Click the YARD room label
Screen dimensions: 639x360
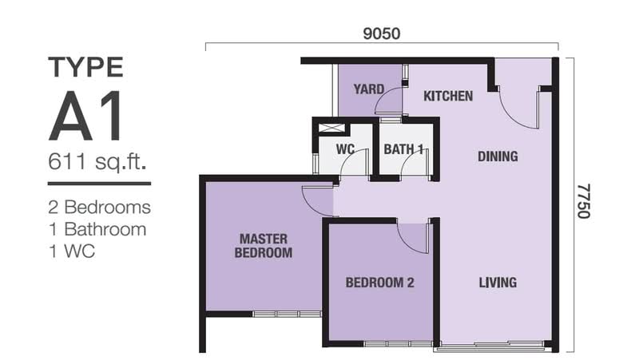[368, 89]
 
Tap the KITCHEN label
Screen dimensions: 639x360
[448, 96]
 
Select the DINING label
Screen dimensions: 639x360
[498, 156]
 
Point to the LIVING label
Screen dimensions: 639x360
[498, 283]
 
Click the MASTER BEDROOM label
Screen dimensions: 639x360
[264, 246]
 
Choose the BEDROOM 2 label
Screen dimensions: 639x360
[380, 283]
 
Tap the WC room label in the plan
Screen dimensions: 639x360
[345, 149]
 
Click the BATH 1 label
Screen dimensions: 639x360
[403, 149]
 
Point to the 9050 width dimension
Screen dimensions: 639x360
[382, 34]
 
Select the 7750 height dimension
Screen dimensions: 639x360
[583, 201]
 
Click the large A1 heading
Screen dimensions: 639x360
[85, 117]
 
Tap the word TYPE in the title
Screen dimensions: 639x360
[85, 67]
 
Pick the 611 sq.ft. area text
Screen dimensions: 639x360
[97, 162]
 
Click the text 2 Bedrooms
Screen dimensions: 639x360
[99, 207]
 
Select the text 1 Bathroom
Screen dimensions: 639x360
[97, 229]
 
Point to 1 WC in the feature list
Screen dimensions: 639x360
[72, 251]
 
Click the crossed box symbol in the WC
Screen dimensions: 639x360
[331, 128]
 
